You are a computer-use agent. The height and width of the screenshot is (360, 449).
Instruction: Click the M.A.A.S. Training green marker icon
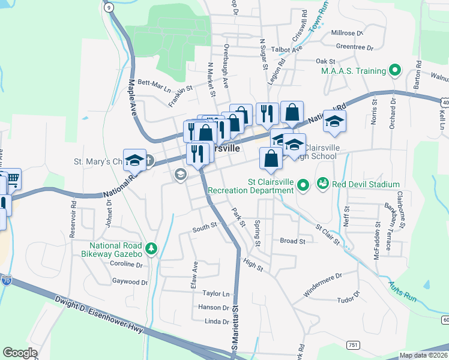pos(395,71)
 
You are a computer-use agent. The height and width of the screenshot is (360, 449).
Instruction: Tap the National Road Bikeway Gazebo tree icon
pos(151,248)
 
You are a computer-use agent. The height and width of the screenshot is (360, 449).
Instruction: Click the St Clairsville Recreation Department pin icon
pos(303,186)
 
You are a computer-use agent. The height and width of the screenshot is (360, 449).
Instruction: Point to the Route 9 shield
pos(108,7)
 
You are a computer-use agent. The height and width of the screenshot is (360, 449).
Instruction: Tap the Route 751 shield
pos(353,344)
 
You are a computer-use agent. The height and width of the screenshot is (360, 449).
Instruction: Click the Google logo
pos(20,353)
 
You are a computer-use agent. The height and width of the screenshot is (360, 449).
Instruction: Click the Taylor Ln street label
pos(216,293)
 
